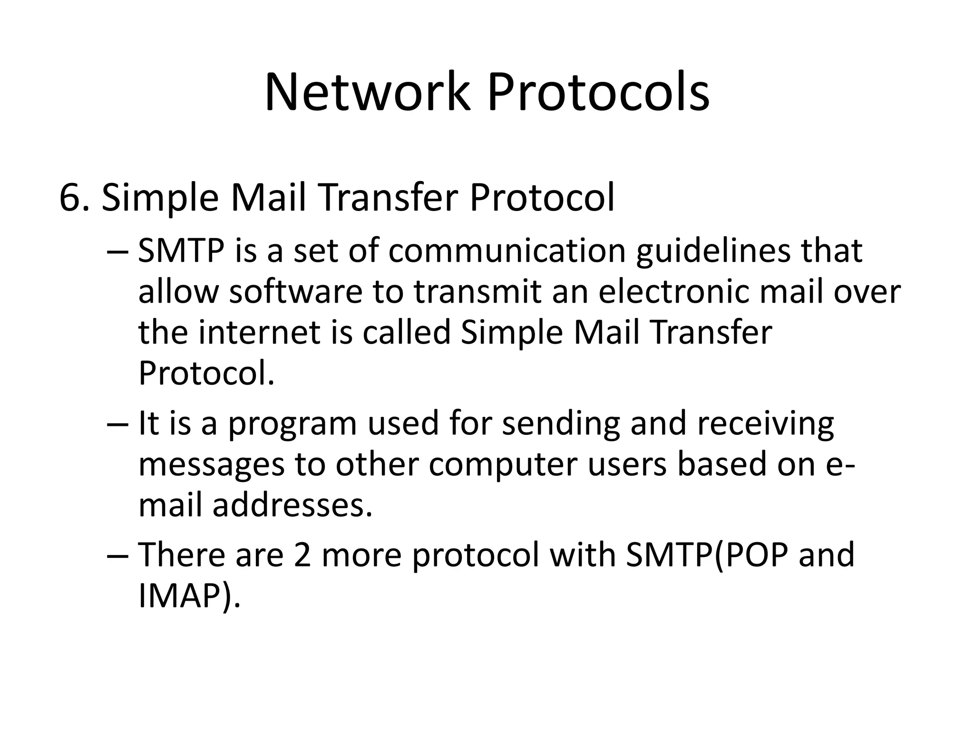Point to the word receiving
click(765, 424)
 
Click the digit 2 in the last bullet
click(302, 555)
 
